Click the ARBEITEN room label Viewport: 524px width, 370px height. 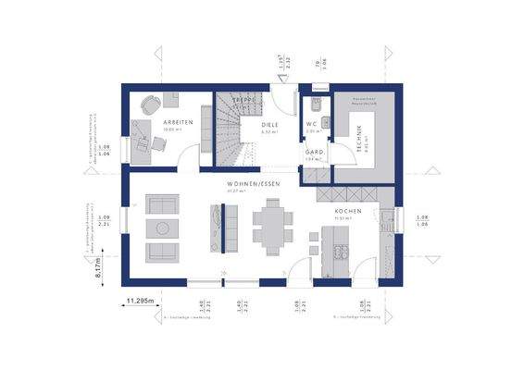pos(178,122)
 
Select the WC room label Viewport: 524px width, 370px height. pos(314,124)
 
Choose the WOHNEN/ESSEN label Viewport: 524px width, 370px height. pos(254,184)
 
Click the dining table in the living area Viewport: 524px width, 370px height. pos(271,228)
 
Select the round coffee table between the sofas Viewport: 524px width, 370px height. pos(163,228)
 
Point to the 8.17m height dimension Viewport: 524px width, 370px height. pos(98,269)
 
